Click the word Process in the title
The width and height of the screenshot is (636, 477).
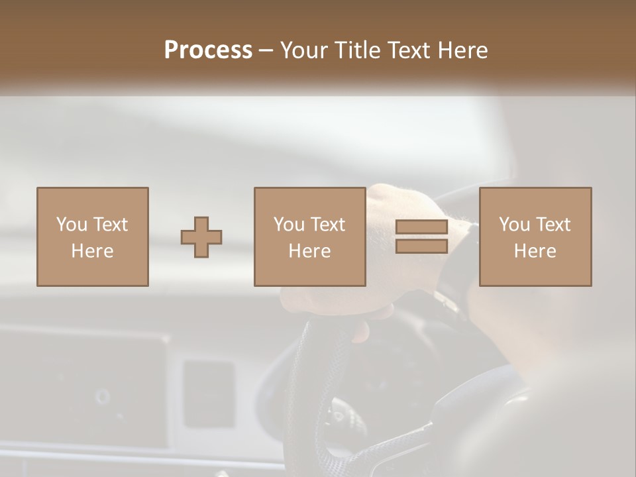click(x=208, y=50)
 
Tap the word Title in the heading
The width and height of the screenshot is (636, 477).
click(x=358, y=50)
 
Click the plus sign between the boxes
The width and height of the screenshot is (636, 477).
click(x=201, y=237)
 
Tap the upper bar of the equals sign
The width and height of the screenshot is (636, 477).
click(x=421, y=227)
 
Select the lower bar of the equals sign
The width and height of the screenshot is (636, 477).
click(x=421, y=246)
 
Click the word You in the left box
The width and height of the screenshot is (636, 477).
click(x=72, y=225)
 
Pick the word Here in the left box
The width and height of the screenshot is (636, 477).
click(x=92, y=251)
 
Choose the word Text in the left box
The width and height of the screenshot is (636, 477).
click(x=110, y=225)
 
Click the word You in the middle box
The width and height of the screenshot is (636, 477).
click(x=289, y=225)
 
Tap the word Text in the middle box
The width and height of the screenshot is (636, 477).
click(x=327, y=225)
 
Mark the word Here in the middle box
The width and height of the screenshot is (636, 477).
click(x=309, y=251)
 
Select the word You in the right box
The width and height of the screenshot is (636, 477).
click(x=514, y=225)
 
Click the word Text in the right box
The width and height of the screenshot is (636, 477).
click(x=553, y=225)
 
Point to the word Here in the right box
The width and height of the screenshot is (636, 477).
click(x=535, y=251)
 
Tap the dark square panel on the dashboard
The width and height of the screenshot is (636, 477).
click(x=208, y=394)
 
